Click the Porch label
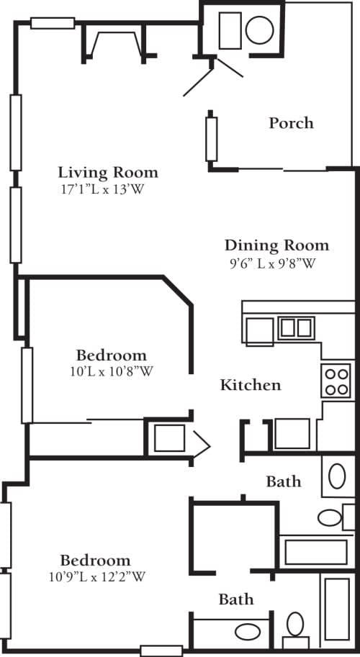[291, 123]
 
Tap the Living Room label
[108, 173]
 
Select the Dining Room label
[276, 245]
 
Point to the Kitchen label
[250, 385]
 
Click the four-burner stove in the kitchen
[336, 381]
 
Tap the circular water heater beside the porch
[259, 30]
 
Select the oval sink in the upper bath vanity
[330, 517]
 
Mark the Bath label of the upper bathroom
[283, 481]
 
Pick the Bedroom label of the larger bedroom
[95, 560]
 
